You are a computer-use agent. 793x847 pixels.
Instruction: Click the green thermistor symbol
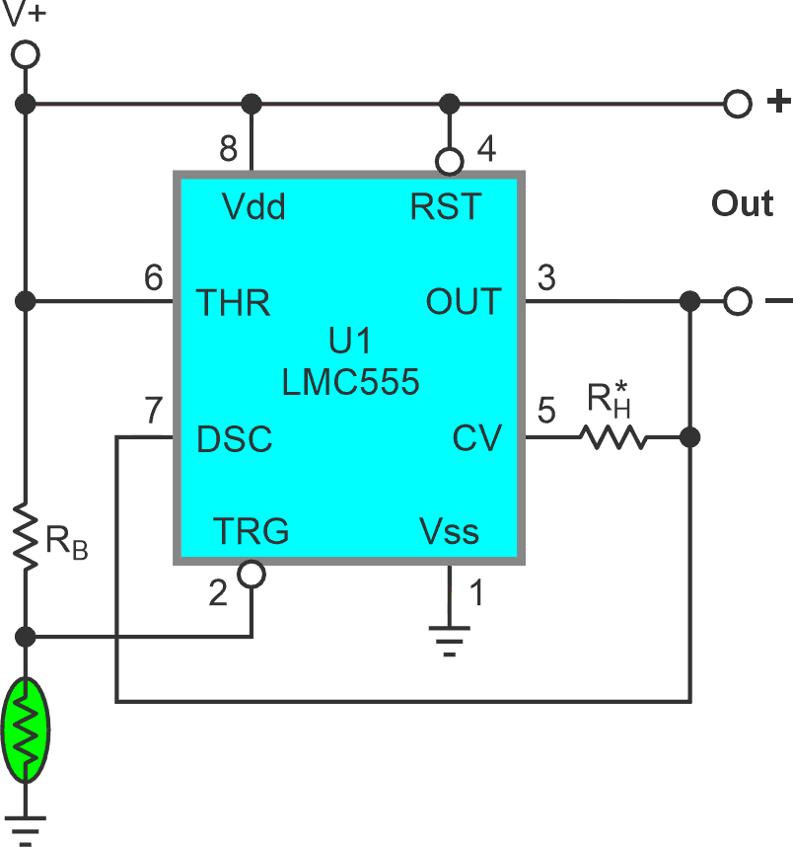[27, 730]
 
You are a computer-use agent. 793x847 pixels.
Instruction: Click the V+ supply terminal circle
[27, 53]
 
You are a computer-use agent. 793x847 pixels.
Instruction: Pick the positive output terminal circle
[737, 103]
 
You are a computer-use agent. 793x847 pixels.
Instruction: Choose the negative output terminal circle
[737, 301]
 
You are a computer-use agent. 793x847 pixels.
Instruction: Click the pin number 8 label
[228, 149]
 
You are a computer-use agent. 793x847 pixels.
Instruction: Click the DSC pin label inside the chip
[235, 438]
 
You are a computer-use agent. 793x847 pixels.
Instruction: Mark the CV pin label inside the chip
[477, 438]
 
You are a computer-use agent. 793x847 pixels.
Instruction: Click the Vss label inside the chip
[449, 532]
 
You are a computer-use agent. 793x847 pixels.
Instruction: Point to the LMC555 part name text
[350, 382]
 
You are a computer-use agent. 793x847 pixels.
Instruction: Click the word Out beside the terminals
[742, 204]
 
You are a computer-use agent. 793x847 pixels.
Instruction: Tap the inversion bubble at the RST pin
[450, 160]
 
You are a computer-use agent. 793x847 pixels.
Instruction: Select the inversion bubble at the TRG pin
[252, 575]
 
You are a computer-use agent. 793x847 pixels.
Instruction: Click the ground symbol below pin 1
[450, 643]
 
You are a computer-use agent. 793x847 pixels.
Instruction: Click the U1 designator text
[350, 343]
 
